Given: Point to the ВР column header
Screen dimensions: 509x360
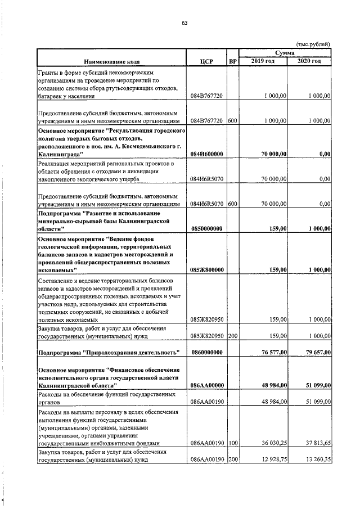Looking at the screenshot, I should click(232, 61).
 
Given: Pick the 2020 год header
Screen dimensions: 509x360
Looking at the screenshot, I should click(309, 60).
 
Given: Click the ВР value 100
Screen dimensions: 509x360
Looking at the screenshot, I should click(232, 442).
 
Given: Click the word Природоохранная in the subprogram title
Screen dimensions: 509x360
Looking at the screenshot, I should click(111, 353).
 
